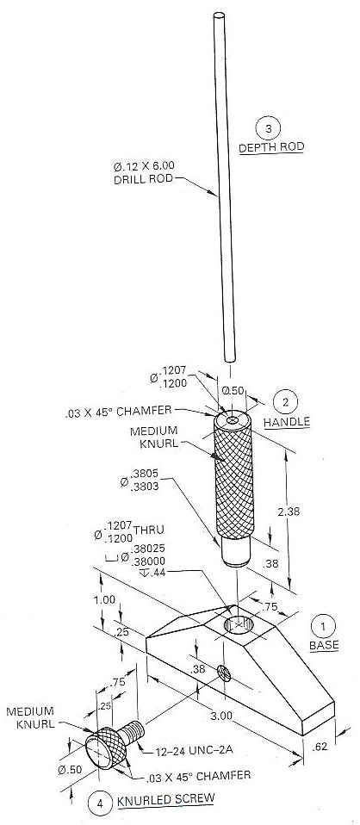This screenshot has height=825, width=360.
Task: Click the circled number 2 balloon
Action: coord(285,401)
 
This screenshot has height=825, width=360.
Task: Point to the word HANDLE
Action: coord(286,422)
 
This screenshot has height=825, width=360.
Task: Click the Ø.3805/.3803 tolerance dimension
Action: coord(150,483)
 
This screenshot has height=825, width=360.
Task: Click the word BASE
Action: coord(323,645)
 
